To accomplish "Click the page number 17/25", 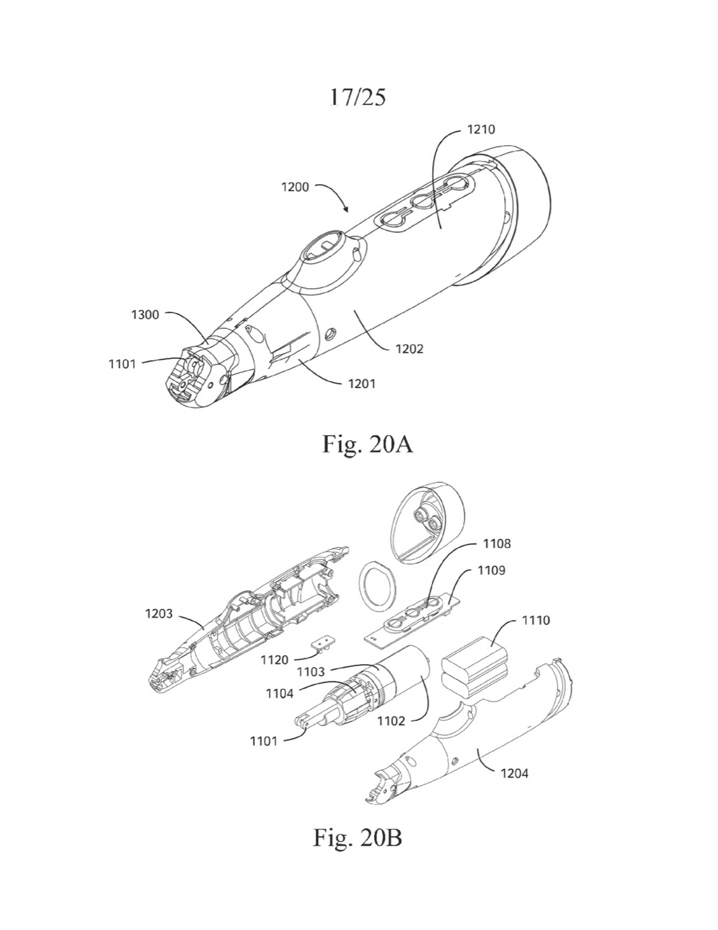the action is (358, 97).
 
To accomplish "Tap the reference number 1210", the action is (481, 129).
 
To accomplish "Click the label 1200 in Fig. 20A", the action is (295, 187).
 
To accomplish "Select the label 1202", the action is (409, 349).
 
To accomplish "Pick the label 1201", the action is (361, 383).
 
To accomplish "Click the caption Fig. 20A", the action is (367, 445).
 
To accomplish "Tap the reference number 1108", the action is (497, 544).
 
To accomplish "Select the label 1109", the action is (491, 570).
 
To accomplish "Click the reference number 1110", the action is (536, 620).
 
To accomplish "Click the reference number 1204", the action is (515, 773).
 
